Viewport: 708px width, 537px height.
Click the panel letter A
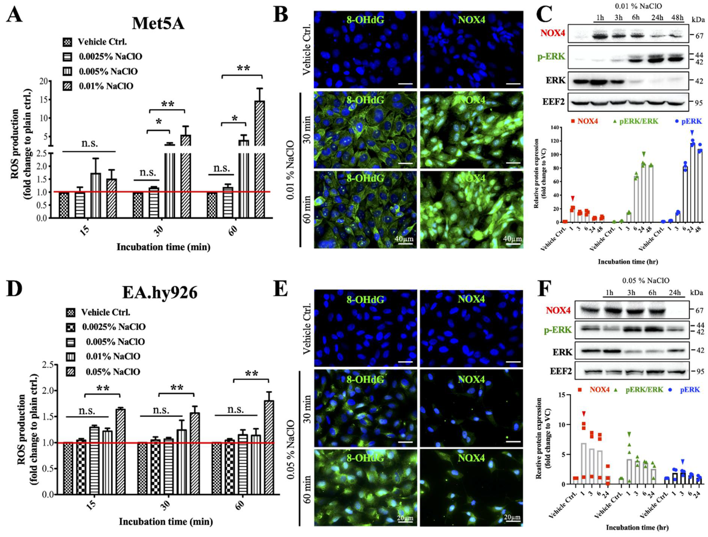[x=14, y=14]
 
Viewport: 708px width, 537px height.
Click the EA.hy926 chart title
[x=160, y=292]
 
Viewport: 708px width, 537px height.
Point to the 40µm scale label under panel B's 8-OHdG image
[x=404, y=239]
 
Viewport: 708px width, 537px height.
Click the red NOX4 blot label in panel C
[x=553, y=33]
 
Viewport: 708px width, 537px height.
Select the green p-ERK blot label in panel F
[x=558, y=330]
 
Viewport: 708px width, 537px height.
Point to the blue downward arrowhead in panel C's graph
[x=692, y=133]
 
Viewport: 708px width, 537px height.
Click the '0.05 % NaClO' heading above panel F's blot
[x=645, y=281]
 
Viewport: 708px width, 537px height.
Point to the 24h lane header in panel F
[x=674, y=293]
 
